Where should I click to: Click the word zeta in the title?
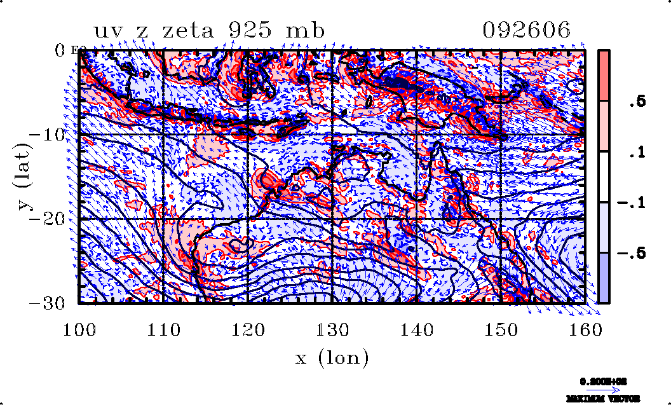click(x=194, y=30)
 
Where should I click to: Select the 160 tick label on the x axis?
click(x=585, y=330)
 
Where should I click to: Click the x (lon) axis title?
click(x=332, y=358)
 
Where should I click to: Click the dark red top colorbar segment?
click(x=604, y=75)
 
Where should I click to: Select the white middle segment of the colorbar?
click(x=604, y=177)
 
